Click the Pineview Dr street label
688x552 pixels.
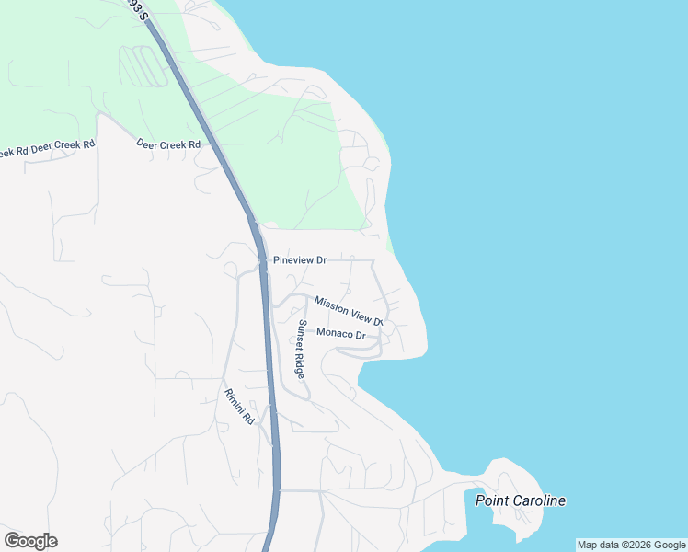300,260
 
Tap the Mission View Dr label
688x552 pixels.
348,310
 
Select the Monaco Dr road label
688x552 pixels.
341,333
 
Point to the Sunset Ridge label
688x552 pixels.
300,349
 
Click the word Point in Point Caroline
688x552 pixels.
492,501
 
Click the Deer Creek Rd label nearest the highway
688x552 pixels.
168,144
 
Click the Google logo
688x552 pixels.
30,541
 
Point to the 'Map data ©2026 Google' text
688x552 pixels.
631,545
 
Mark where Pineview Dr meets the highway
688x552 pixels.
263,260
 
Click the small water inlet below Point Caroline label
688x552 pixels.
487,529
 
